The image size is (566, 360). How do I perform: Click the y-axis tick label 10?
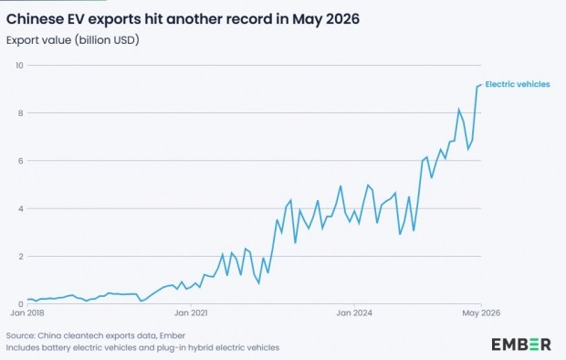pyautogui.click(x=19, y=66)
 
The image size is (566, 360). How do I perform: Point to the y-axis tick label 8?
pyautogui.click(x=21, y=113)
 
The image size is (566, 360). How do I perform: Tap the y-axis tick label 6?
pyautogui.click(x=21, y=161)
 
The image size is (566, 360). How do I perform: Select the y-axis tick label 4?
pyautogui.click(x=21, y=208)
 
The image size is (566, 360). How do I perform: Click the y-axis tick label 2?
pyautogui.click(x=21, y=256)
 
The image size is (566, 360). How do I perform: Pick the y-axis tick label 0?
pyautogui.click(x=21, y=304)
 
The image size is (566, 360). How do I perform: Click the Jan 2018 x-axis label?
pyautogui.click(x=27, y=312)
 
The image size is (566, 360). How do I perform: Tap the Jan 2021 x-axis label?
pyautogui.click(x=191, y=312)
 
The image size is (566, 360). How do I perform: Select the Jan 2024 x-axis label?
pyautogui.click(x=354, y=312)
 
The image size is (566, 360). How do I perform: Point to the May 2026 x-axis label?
pyautogui.click(x=481, y=312)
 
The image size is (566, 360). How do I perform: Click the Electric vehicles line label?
pyautogui.click(x=518, y=84)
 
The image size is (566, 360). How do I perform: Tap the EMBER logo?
pyautogui.click(x=521, y=344)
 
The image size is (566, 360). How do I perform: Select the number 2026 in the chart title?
pyautogui.click(x=342, y=19)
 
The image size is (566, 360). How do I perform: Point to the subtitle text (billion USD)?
pyautogui.click(x=107, y=40)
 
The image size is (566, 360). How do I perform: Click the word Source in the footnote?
pyautogui.click(x=20, y=335)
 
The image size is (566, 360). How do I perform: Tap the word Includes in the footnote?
pyautogui.click(x=22, y=348)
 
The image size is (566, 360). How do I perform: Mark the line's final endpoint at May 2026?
pyautogui.click(x=481, y=85)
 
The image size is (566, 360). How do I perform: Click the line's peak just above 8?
pyautogui.click(x=459, y=109)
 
